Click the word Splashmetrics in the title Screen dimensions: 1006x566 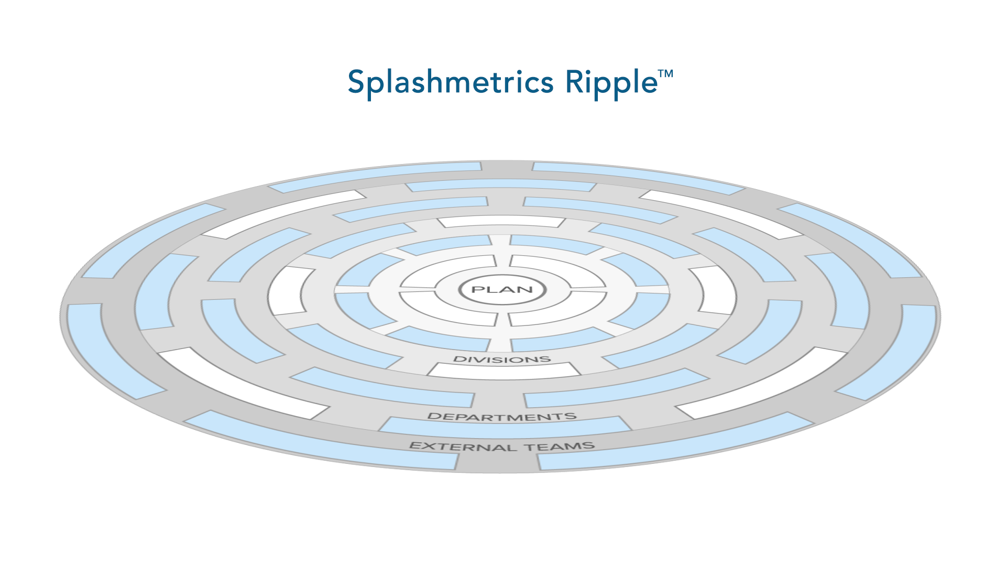pyautogui.click(x=451, y=82)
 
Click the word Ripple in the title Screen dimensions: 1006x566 pyautogui.click(x=611, y=82)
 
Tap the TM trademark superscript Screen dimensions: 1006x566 pyautogui.click(x=666, y=74)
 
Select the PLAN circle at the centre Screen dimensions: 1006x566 pyautogui.click(x=502, y=289)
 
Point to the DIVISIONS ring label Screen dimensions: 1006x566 pyautogui.click(x=502, y=360)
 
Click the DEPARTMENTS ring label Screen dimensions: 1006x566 pyautogui.click(x=502, y=417)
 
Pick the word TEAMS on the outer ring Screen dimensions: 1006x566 pyautogui.click(x=560, y=447)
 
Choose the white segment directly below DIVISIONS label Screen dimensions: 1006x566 pyautogui.click(x=504, y=371)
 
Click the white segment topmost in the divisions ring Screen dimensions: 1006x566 pyautogui.click(x=501, y=221)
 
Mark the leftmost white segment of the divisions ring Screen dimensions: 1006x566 pyautogui.click(x=289, y=291)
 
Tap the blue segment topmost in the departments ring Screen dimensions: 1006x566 pyautogui.click(x=501, y=185)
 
